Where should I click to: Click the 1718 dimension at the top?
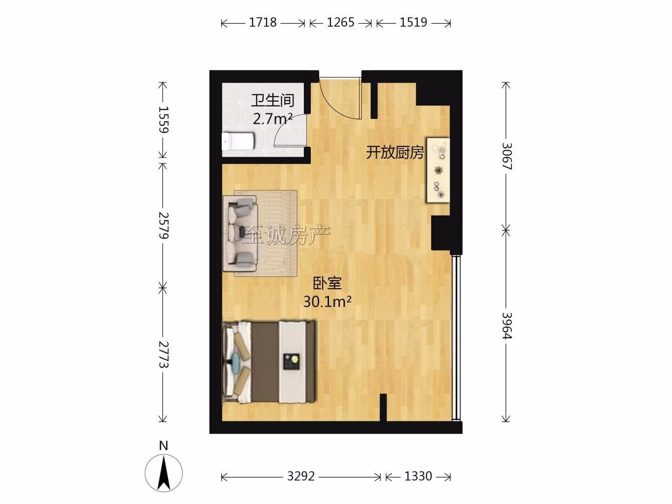point(263,23)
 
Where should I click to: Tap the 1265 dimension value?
point(341,23)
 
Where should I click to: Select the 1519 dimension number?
point(413,23)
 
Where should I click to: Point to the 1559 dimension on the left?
point(163,119)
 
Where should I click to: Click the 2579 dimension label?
point(163,225)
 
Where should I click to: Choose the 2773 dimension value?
point(163,355)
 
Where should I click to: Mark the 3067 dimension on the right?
point(507,156)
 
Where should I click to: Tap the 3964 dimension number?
point(507,326)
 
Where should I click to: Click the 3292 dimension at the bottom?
point(301,476)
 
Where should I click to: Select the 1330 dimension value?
point(418,476)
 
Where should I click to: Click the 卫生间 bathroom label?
point(273,100)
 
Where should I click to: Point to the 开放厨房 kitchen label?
point(395,153)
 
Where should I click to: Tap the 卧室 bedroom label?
point(327,283)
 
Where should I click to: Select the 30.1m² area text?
point(327,302)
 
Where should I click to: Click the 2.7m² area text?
point(272,119)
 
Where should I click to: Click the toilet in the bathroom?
point(238,141)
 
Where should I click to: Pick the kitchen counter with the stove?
point(438,170)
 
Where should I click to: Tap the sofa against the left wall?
point(240,233)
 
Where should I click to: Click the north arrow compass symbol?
point(163,473)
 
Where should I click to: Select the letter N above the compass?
point(163,446)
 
